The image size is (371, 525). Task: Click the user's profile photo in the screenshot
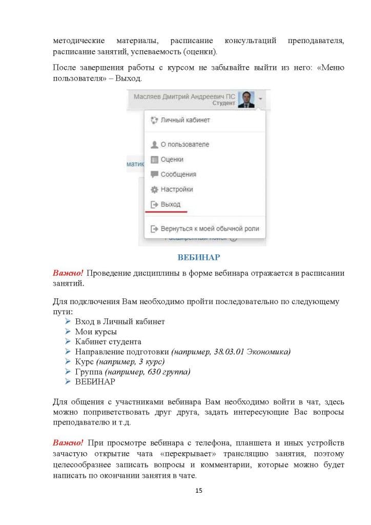246,99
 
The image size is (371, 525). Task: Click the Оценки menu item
172,159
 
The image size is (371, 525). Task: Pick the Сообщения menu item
178,174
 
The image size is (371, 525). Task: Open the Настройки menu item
177,189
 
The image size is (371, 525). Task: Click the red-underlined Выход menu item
171,204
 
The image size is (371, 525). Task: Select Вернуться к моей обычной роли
210,229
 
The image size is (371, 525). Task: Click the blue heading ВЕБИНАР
198,257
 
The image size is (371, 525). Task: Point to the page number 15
199,491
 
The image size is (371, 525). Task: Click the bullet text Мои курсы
96,332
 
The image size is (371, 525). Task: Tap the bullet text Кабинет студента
108,341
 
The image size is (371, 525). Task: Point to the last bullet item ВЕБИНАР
95,382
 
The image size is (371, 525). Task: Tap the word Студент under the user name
224,103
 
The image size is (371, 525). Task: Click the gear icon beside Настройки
154,189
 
